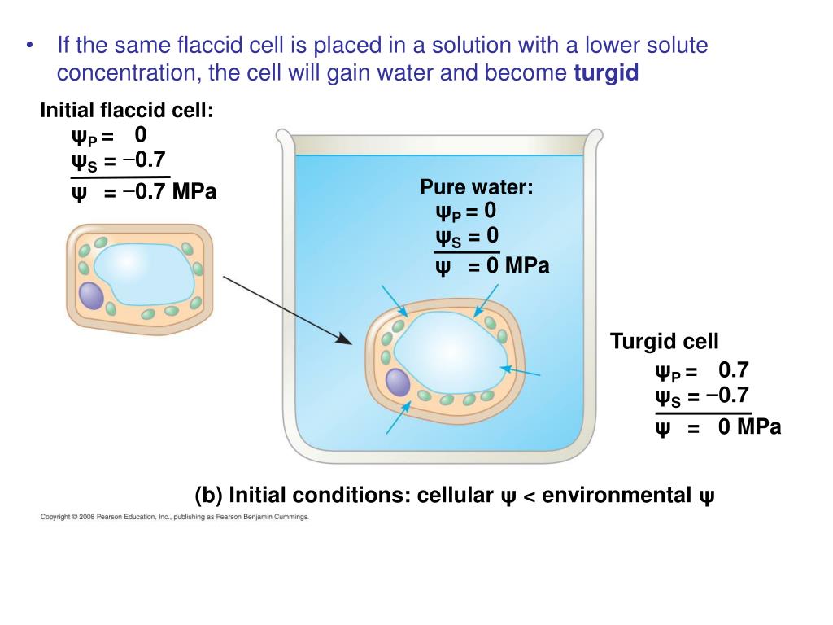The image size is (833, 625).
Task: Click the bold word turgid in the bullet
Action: point(606,73)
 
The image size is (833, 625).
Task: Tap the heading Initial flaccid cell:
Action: point(127,109)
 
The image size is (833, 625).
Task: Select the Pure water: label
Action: point(477,187)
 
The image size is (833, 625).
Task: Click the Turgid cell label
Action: point(665,342)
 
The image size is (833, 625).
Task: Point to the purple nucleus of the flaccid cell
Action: point(92,295)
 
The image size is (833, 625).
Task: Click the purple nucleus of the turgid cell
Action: point(397,382)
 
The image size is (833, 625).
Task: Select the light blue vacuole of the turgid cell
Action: point(448,350)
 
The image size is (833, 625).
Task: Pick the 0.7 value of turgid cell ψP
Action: point(733,370)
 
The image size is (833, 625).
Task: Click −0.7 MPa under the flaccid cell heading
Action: point(170,193)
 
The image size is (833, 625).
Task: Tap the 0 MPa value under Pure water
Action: point(517,265)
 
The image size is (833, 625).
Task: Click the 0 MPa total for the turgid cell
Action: point(749,426)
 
